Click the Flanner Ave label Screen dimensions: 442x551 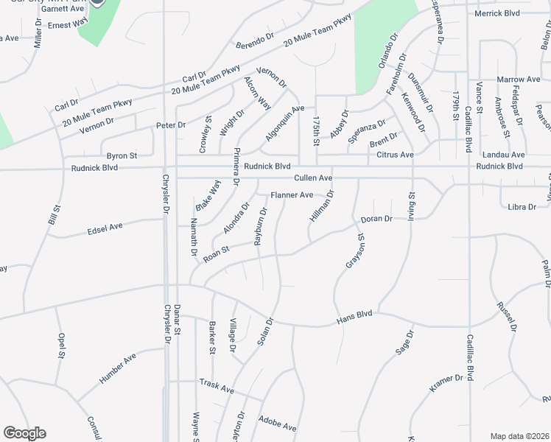point(292,195)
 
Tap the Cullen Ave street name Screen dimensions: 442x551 point(314,178)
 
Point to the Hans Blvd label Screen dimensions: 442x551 point(354,318)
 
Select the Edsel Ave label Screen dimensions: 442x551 point(105,228)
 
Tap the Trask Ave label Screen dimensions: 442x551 point(217,385)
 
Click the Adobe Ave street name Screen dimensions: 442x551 point(277,423)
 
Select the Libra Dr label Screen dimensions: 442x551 point(522,207)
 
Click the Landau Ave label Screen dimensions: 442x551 point(503,155)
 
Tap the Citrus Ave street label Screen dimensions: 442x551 point(396,155)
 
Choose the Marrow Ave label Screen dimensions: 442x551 point(519,79)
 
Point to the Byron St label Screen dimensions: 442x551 point(122,156)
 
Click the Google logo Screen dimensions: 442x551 point(24,433)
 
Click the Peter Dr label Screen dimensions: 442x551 point(171,125)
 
